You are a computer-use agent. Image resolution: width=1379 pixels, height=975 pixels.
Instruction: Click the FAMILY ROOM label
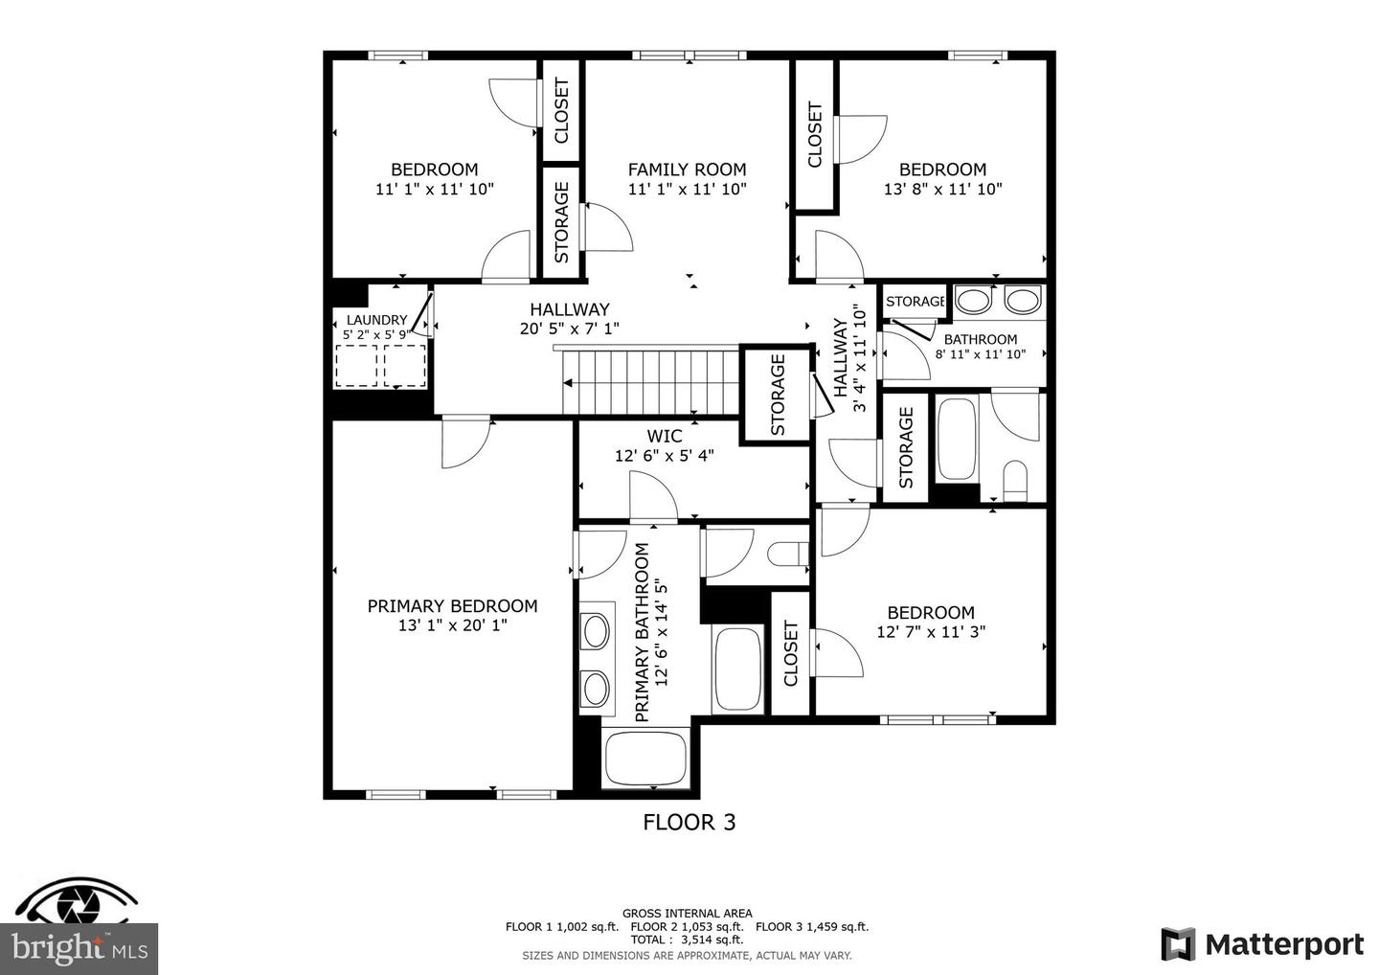[x=687, y=170]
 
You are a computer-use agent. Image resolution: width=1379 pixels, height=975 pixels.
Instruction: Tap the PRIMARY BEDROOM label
[x=452, y=606]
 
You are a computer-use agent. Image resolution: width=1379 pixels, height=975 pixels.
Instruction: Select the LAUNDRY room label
[x=376, y=320]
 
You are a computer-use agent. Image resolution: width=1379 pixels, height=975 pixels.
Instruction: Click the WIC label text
[x=664, y=437]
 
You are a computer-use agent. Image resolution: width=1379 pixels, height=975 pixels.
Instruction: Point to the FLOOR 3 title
[x=689, y=822]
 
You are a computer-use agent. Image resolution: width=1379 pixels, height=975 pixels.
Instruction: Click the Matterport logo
[x=1262, y=944]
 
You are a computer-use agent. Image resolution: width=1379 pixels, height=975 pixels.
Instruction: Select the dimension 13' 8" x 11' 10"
[x=942, y=190]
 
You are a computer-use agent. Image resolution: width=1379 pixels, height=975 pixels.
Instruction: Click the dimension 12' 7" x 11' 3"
[x=930, y=632]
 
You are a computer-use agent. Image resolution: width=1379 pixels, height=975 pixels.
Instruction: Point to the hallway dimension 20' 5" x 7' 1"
[x=569, y=329]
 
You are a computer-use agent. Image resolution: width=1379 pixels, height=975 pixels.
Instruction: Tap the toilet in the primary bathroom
[x=788, y=556]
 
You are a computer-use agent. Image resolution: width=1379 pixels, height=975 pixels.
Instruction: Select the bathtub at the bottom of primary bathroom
[x=646, y=759]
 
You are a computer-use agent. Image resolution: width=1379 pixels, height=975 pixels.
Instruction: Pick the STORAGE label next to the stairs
[x=778, y=395]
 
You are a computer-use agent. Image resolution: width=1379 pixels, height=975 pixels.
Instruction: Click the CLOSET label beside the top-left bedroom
[x=561, y=110]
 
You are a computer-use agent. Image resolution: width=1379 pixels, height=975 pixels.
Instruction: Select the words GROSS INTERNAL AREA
[x=687, y=913]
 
